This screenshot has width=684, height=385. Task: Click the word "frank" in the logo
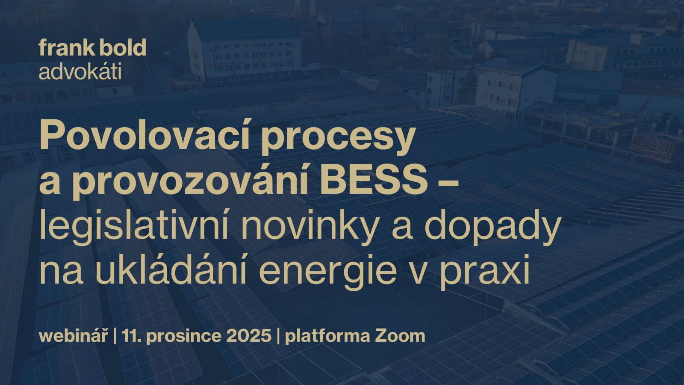(64, 47)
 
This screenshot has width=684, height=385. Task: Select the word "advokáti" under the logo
(80, 71)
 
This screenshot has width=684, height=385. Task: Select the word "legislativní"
(134, 228)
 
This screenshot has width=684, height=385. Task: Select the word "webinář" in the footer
(74, 336)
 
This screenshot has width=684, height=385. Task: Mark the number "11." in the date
(132, 336)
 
